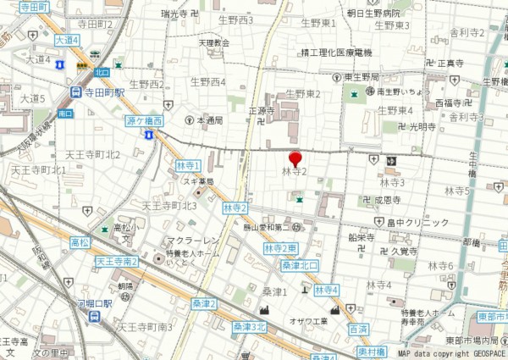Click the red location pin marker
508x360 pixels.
point(295,158)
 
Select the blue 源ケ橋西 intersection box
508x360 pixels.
point(144,122)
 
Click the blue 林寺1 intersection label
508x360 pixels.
point(187,165)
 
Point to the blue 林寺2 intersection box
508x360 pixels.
point(235,208)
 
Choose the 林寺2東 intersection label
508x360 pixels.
point(280,248)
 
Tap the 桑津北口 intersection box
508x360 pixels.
point(300,265)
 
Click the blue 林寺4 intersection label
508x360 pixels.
point(326,290)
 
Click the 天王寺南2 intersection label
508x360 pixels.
point(117,261)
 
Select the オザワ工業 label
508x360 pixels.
point(308,321)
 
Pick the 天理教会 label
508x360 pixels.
point(214,42)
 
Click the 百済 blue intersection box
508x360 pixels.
point(357,327)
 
